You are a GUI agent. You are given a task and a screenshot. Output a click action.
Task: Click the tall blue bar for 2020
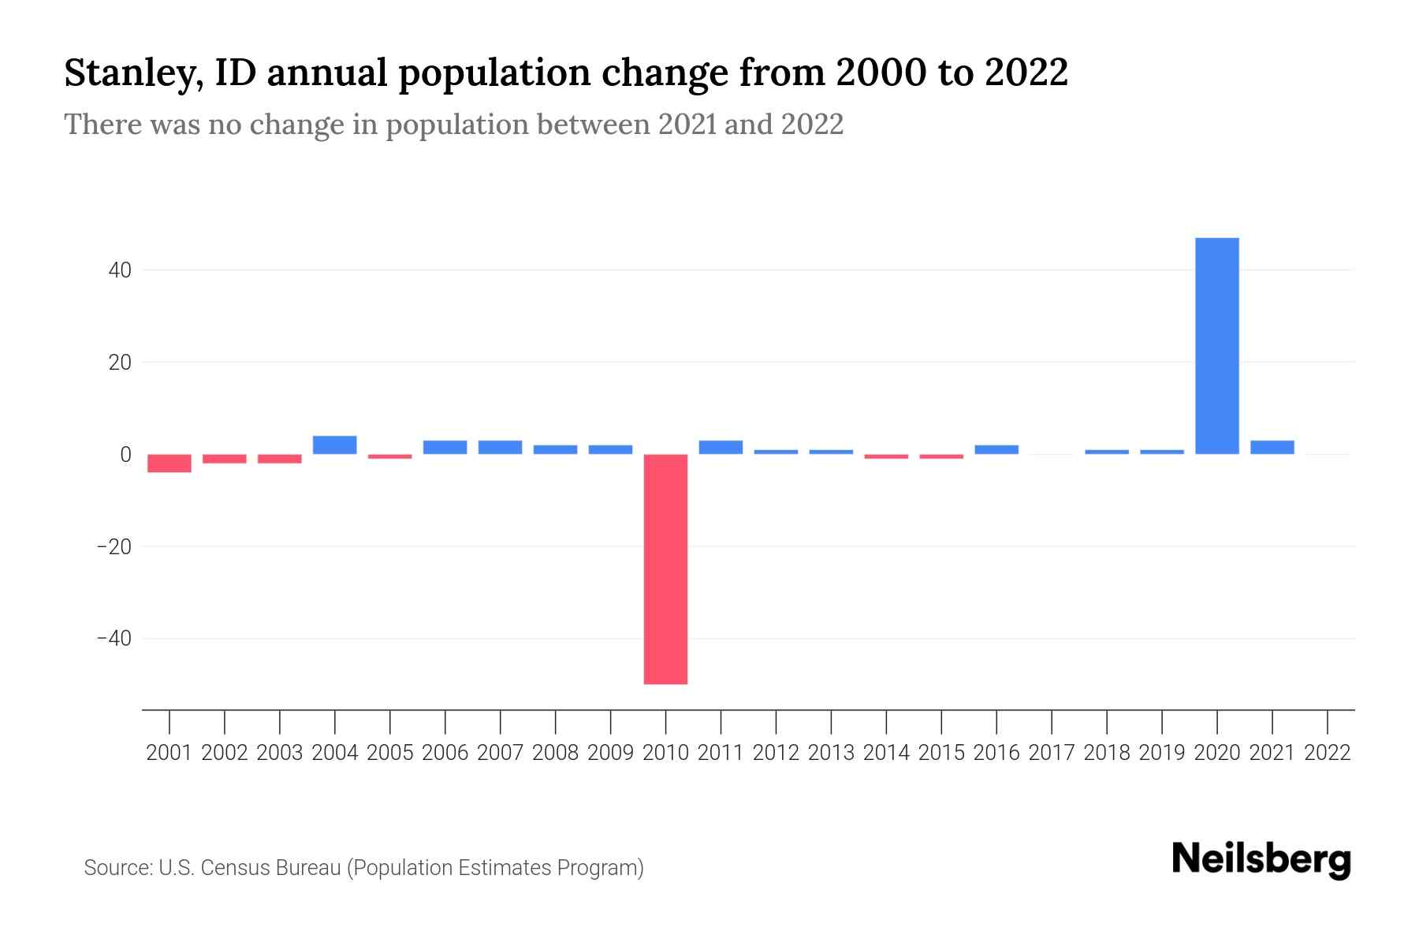1216,345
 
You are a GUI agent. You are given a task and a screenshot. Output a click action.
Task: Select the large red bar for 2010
665,568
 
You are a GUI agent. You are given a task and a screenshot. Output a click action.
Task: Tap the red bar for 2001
169,463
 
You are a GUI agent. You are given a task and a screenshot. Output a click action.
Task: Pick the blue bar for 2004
335,445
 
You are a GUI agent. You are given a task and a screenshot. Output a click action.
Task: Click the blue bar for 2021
1272,447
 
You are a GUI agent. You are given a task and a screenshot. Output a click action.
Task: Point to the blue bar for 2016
996,449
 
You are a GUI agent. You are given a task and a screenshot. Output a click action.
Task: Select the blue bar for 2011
721,447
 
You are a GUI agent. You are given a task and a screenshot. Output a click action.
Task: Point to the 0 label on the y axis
125,454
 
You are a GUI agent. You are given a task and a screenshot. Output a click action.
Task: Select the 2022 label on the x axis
1328,753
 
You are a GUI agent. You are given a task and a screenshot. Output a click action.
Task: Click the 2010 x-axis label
665,753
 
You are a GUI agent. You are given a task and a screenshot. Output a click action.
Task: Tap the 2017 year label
1052,753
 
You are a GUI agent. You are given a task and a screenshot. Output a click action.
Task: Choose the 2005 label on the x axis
390,753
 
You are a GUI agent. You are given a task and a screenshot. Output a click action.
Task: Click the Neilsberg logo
1261,860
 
